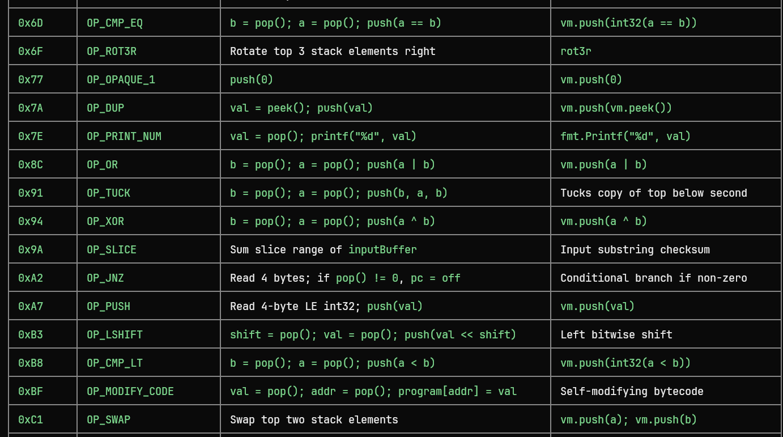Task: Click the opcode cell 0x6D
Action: click(31, 23)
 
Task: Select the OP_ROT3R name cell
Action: click(112, 52)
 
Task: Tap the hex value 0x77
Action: click(31, 80)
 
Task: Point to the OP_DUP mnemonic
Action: click(105, 108)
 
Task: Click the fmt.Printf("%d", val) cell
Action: click(625, 137)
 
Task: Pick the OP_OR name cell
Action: click(102, 165)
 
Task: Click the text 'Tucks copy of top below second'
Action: click(654, 193)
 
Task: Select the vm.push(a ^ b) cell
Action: click(603, 221)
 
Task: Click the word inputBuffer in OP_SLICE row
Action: click(382, 249)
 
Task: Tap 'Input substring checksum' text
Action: click(635, 249)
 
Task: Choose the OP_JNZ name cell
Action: click(105, 278)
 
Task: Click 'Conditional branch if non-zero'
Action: click(654, 278)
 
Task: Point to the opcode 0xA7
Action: click(31, 306)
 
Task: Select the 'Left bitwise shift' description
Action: click(616, 334)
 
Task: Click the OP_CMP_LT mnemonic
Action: click(114, 363)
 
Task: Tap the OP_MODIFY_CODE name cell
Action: click(130, 391)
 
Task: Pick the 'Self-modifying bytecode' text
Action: click(632, 391)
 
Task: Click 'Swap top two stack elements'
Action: click(314, 419)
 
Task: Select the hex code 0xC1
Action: click(31, 419)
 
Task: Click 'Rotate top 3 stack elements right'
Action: click(333, 52)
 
